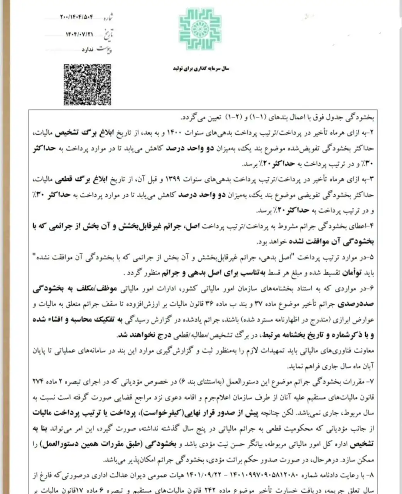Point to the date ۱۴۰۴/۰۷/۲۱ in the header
(80, 34)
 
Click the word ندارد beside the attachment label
(87, 50)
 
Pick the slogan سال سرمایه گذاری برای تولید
(200, 68)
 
